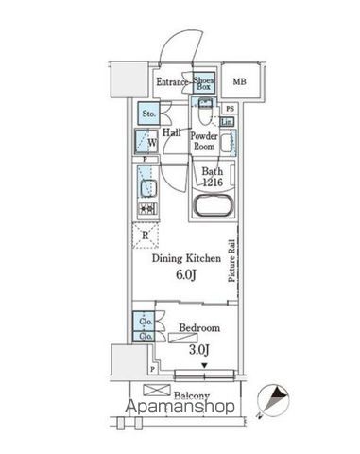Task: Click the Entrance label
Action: point(172,82)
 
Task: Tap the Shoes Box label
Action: point(203,82)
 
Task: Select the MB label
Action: point(241,82)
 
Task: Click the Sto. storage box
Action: point(147,113)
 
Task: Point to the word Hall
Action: point(172,133)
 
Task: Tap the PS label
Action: point(229,109)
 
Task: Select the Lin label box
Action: point(228,123)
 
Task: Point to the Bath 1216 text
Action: point(213,177)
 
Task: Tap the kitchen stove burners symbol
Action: point(146,208)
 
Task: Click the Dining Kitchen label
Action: point(187,258)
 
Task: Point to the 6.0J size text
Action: point(185,275)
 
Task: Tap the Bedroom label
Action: point(199,328)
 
